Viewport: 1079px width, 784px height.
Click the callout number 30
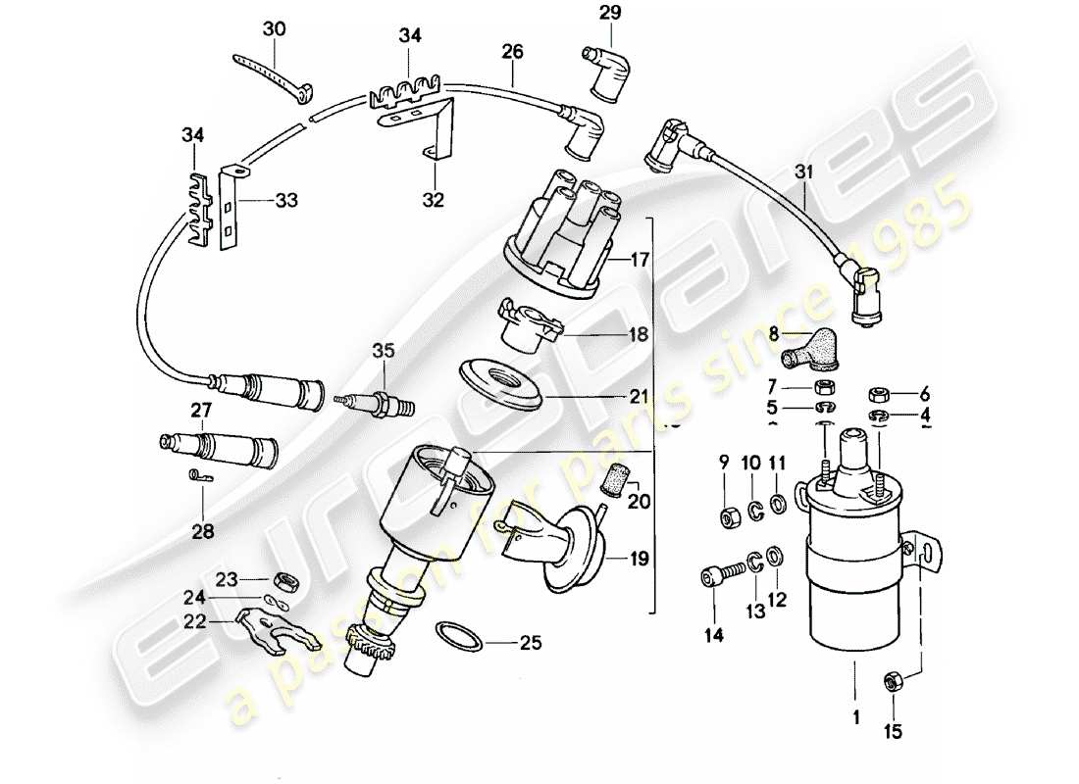click(274, 29)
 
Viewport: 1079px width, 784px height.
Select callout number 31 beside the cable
click(804, 173)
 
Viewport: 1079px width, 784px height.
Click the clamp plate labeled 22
click(268, 626)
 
